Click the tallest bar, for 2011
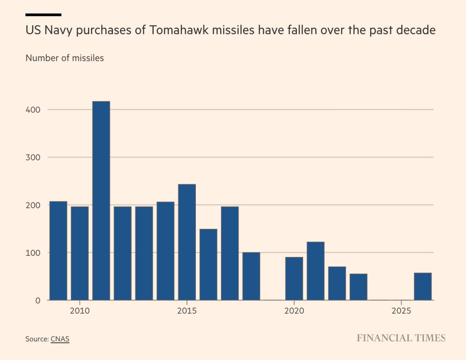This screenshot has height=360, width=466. (101, 200)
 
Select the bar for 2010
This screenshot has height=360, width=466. (80, 253)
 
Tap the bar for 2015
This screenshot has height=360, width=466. (187, 242)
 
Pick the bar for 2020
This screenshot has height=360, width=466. (294, 278)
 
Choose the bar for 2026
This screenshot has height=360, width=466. (423, 286)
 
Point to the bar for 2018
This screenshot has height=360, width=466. (251, 276)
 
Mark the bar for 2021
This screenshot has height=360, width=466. (316, 271)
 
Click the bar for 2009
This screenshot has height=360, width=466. (58, 251)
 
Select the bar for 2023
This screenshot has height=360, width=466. (359, 287)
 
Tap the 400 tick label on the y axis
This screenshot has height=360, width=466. (33, 110)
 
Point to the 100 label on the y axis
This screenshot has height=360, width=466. (33, 253)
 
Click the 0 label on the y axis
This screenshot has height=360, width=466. (38, 301)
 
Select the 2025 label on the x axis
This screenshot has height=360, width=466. (401, 311)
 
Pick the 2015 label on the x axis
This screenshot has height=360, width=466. (187, 311)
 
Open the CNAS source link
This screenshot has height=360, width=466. (60, 339)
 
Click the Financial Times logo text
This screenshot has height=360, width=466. (401, 338)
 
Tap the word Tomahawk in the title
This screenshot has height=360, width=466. (178, 30)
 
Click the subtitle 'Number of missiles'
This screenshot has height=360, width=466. (64, 58)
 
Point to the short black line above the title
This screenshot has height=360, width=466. (43, 15)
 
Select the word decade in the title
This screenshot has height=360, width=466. (416, 30)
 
